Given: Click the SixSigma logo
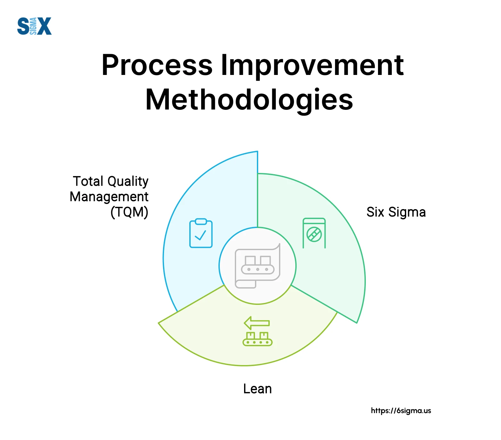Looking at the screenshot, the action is click(34, 26).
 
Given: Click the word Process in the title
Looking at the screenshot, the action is click(157, 65).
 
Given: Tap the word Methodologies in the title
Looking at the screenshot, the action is click(249, 100).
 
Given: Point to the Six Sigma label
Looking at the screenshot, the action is click(396, 212).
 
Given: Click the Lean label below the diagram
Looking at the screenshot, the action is click(258, 389).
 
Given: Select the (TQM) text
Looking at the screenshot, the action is click(129, 212).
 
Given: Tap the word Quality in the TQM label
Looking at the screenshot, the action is click(128, 182).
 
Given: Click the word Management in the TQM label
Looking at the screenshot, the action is click(109, 197).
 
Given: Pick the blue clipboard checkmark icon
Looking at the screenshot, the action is click(201, 233).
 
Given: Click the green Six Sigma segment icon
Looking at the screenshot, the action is click(314, 233).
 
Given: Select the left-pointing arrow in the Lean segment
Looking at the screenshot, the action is click(257, 323).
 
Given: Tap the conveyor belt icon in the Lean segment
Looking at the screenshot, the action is click(258, 339).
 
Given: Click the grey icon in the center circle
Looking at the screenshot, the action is click(258, 265).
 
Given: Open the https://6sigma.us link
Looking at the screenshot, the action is click(401, 411).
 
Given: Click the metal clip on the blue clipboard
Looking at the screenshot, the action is click(201, 221).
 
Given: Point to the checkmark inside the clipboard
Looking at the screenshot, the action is click(201, 235).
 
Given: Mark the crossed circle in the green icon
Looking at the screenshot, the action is click(314, 234).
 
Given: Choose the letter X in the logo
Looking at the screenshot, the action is click(45, 26).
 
